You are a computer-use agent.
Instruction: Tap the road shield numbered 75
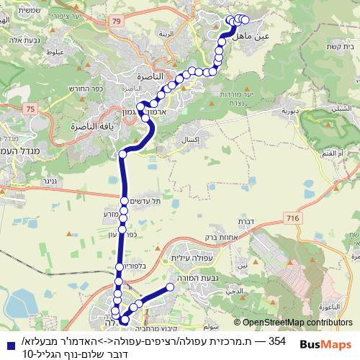(29, 108)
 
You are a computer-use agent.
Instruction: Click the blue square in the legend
(7, 340)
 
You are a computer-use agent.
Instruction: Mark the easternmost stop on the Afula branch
(171, 287)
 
